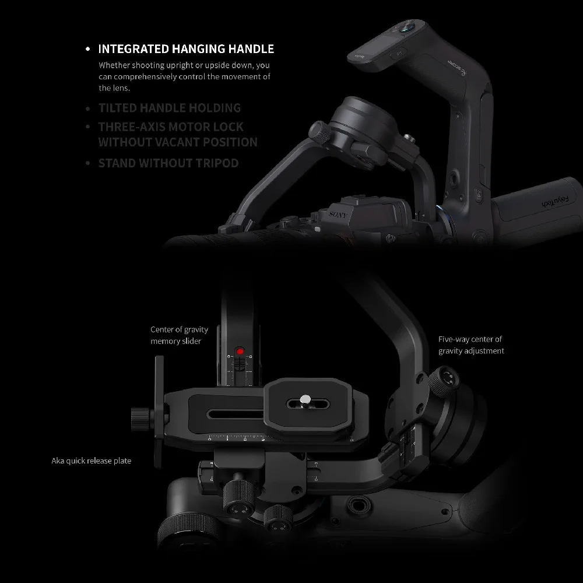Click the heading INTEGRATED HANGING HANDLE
(185, 49)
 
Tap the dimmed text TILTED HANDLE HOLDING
(169, 108)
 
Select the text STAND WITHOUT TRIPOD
(168, 163)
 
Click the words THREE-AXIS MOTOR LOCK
(170, 127)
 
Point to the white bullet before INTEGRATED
(87, 50)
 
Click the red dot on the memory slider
(239, 352)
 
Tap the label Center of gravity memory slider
(179, 335)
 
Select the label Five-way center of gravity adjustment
(471, 345)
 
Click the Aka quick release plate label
(91, 461)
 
